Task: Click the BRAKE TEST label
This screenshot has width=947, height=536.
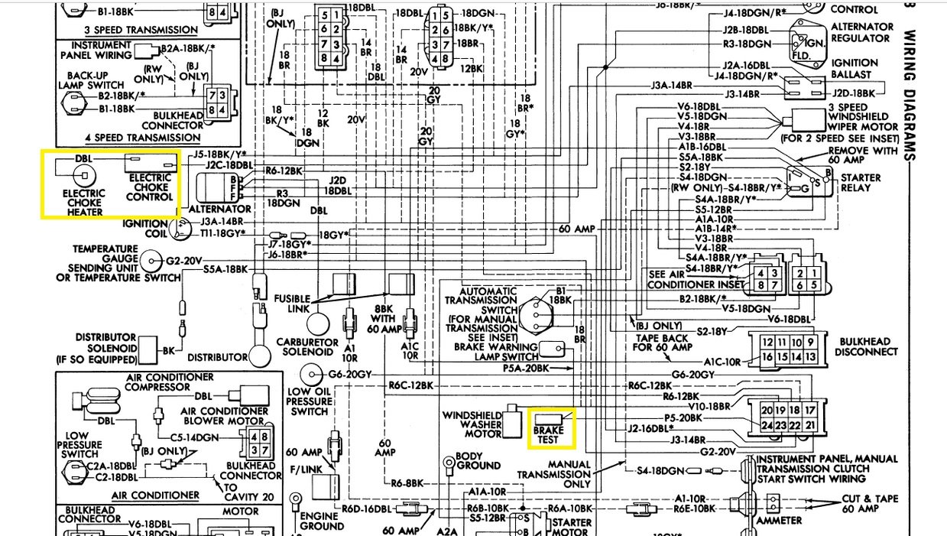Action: coord(549,436)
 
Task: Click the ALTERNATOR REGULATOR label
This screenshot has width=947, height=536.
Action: coord(861,32)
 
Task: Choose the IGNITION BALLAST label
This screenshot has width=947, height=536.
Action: coord(855,69)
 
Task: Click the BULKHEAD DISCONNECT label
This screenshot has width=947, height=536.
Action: coord(867,346)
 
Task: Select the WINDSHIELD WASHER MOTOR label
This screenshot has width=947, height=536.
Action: coord(472,424)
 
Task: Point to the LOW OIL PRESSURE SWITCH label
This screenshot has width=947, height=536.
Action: coord(310,401)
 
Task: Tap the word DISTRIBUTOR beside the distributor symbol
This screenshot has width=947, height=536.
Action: coord(218,357)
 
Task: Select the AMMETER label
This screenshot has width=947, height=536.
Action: coord(779,521)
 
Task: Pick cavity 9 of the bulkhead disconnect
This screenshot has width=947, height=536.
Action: coord(810,342)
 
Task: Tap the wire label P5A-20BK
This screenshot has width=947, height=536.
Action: coord(527,368)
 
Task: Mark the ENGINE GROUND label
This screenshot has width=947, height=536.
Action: coord(322,521)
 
